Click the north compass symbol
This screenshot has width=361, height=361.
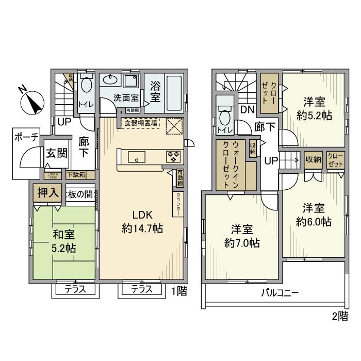(x=31, y=101)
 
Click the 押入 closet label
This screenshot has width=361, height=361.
(x=46, y=193)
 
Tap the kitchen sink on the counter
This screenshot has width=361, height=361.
(x=137, y=156)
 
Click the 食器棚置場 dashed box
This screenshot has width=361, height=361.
(x=140, y=123)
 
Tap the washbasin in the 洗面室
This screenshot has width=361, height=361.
(x=109, y=80)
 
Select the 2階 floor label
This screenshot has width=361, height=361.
(x=339, y=317)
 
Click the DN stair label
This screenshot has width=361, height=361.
(x=247, y=109)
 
